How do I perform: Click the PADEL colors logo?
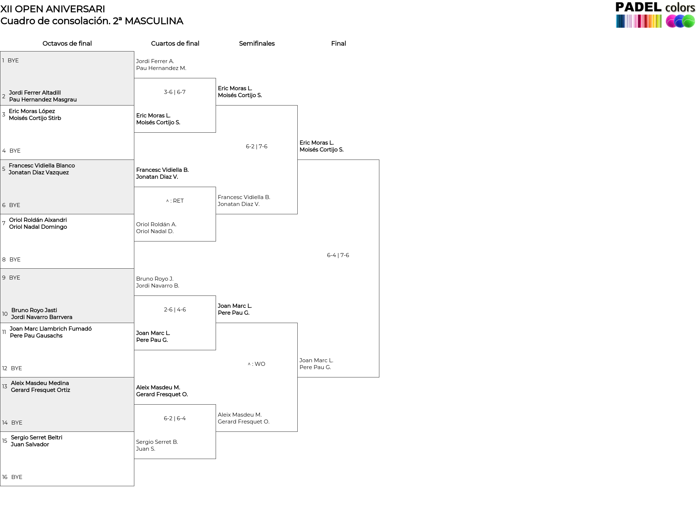(x=655, y=15)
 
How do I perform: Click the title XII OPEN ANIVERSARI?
(x=53, y=9)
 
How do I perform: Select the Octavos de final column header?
(x=67, y=44)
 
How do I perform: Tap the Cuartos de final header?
(x=175, y=44)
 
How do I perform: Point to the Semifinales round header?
(x=257, y=44)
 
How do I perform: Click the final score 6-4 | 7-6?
(x=338, y=255)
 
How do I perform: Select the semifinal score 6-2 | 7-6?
(x=256, y=146)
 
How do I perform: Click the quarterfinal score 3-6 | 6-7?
(x=175, y=92)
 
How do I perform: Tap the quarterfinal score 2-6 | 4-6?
(x=175, y=310)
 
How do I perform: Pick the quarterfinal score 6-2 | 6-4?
(x=175, y=418)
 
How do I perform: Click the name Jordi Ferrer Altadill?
(x=35, y=93)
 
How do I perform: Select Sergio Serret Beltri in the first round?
(x=37, y=438)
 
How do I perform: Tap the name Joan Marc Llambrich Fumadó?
(x=51, y=329)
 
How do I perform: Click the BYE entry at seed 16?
(x=17, y=477)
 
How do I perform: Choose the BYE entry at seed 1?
(x=13, y=61)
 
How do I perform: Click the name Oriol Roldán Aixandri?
(x=38, y=220)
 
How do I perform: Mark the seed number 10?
(x=5, y=314)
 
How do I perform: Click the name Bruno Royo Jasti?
(x=34, y=310)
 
